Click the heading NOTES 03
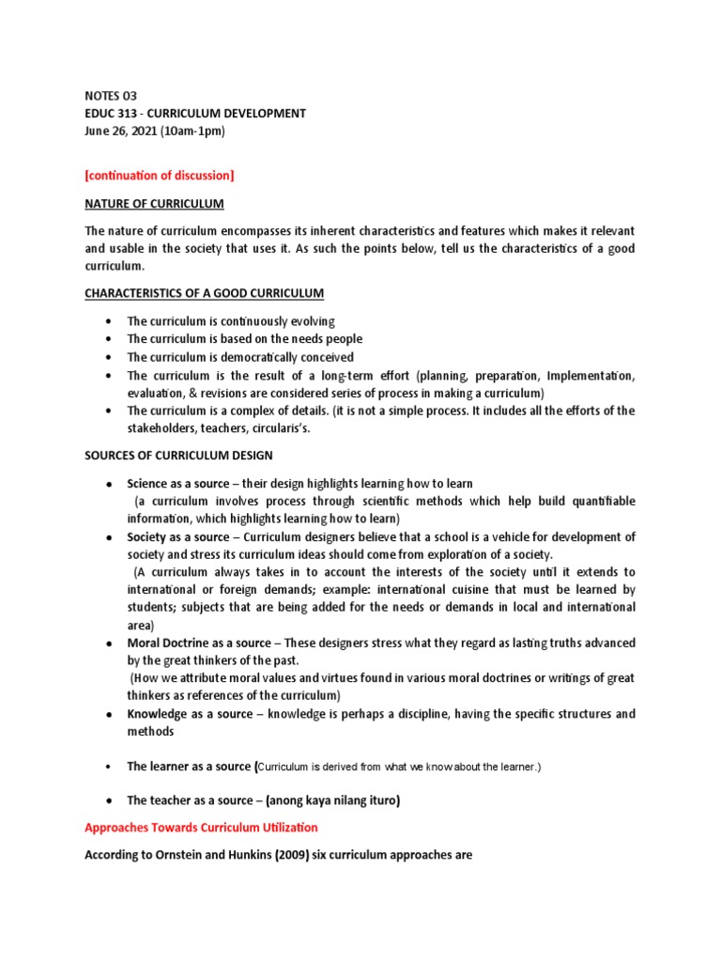(x=111, y=95)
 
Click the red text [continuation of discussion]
(x=160, y=175)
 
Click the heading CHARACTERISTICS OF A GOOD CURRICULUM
(x=204, y=293)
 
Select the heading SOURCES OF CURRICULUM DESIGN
(x=178, y=456)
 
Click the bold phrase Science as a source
(x=178, y=484)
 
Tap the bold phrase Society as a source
(x=177, y=537)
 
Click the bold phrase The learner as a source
(x=189, y=767)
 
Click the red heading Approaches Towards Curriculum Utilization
(x=201, y=828)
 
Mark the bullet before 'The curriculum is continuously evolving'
(x=110, y=321)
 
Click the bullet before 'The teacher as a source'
(x=110, y=800)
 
